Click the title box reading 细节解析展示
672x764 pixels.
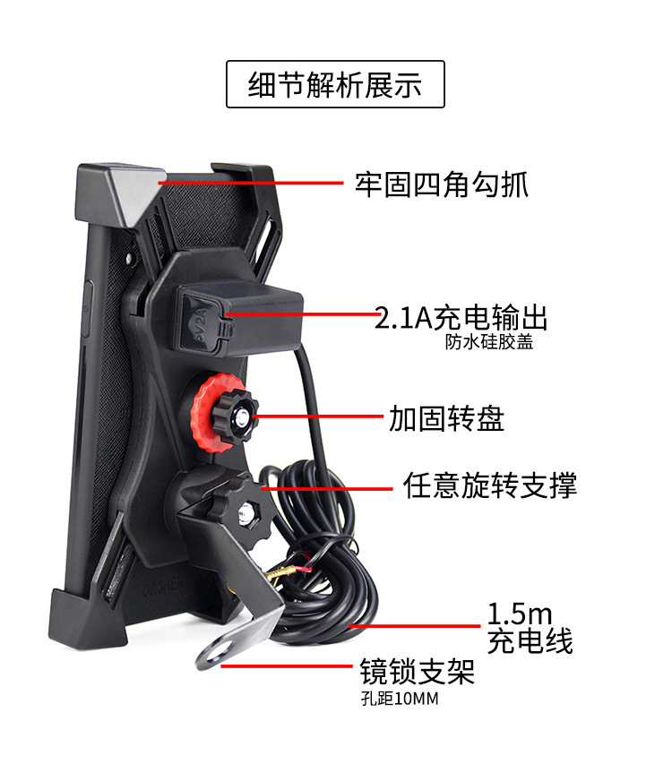[335, 84]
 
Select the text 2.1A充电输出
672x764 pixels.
[461, 317]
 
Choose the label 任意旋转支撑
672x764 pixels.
[489, 485]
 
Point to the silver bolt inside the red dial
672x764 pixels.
[242, 416]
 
